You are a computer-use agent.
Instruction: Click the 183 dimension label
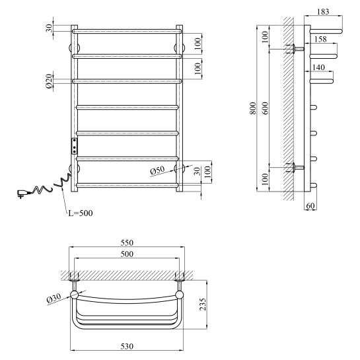click(323, 11)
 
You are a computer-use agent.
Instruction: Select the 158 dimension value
click(320, 39)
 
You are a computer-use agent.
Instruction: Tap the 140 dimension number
click(318, 67)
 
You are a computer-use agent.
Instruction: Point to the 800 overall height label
click(253, 108)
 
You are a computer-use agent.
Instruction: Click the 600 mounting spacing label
click(265, 108)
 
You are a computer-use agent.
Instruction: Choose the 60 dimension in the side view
click(310, 205)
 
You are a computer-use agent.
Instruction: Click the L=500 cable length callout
click(81, 213)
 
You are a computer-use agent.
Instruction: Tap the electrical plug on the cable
click(21, 194)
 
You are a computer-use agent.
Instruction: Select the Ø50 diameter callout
click(157, 170)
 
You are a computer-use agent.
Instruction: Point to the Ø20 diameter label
click(49, 81)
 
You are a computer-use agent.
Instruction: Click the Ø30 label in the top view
click(54, 299)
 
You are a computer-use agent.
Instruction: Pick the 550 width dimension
click(127, 242)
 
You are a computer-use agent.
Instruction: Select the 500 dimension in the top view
click(127, 254)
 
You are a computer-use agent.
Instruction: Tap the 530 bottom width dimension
click(127, 346)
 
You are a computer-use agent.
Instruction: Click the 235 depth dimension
click(203, 305)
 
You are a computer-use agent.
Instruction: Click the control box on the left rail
click(74, 146)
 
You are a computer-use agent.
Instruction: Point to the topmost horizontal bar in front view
click(127, 31)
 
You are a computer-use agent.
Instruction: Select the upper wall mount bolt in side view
click(295, 49)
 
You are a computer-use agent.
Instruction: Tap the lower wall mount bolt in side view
click(295, 168)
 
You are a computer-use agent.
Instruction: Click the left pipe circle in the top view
click(74, 295)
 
